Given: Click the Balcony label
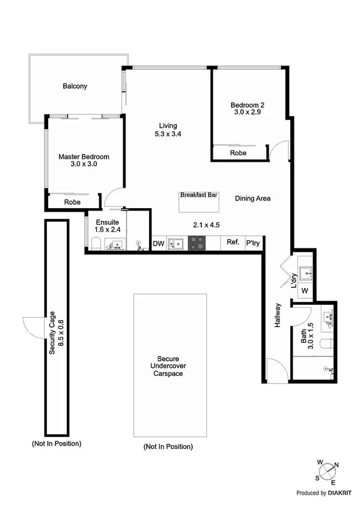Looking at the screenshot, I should (75, 86).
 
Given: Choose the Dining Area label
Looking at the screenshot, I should (252, 198).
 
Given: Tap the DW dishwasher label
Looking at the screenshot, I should (159, 244).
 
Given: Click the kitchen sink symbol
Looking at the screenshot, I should (176, 244).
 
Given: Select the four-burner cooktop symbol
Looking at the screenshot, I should (198, 244).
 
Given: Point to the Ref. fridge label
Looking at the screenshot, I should (233, 243).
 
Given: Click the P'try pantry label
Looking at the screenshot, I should (252, 244).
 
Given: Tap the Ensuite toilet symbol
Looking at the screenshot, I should (96, 244).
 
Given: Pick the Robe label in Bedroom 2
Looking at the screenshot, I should (238, 153).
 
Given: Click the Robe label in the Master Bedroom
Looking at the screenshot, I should (73, 203).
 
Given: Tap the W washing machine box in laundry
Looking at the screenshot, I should (305, 291).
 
